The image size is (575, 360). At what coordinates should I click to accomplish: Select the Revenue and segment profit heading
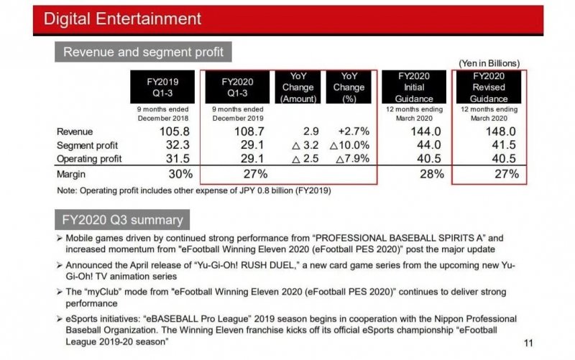coord(144,52)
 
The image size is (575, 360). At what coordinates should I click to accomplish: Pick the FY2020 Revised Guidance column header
coord(489,87)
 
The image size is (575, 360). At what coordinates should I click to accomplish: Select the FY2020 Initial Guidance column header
coord(413,87)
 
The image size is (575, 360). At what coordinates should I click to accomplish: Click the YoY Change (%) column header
coord(349,87)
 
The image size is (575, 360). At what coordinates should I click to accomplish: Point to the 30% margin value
coord(180,174)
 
